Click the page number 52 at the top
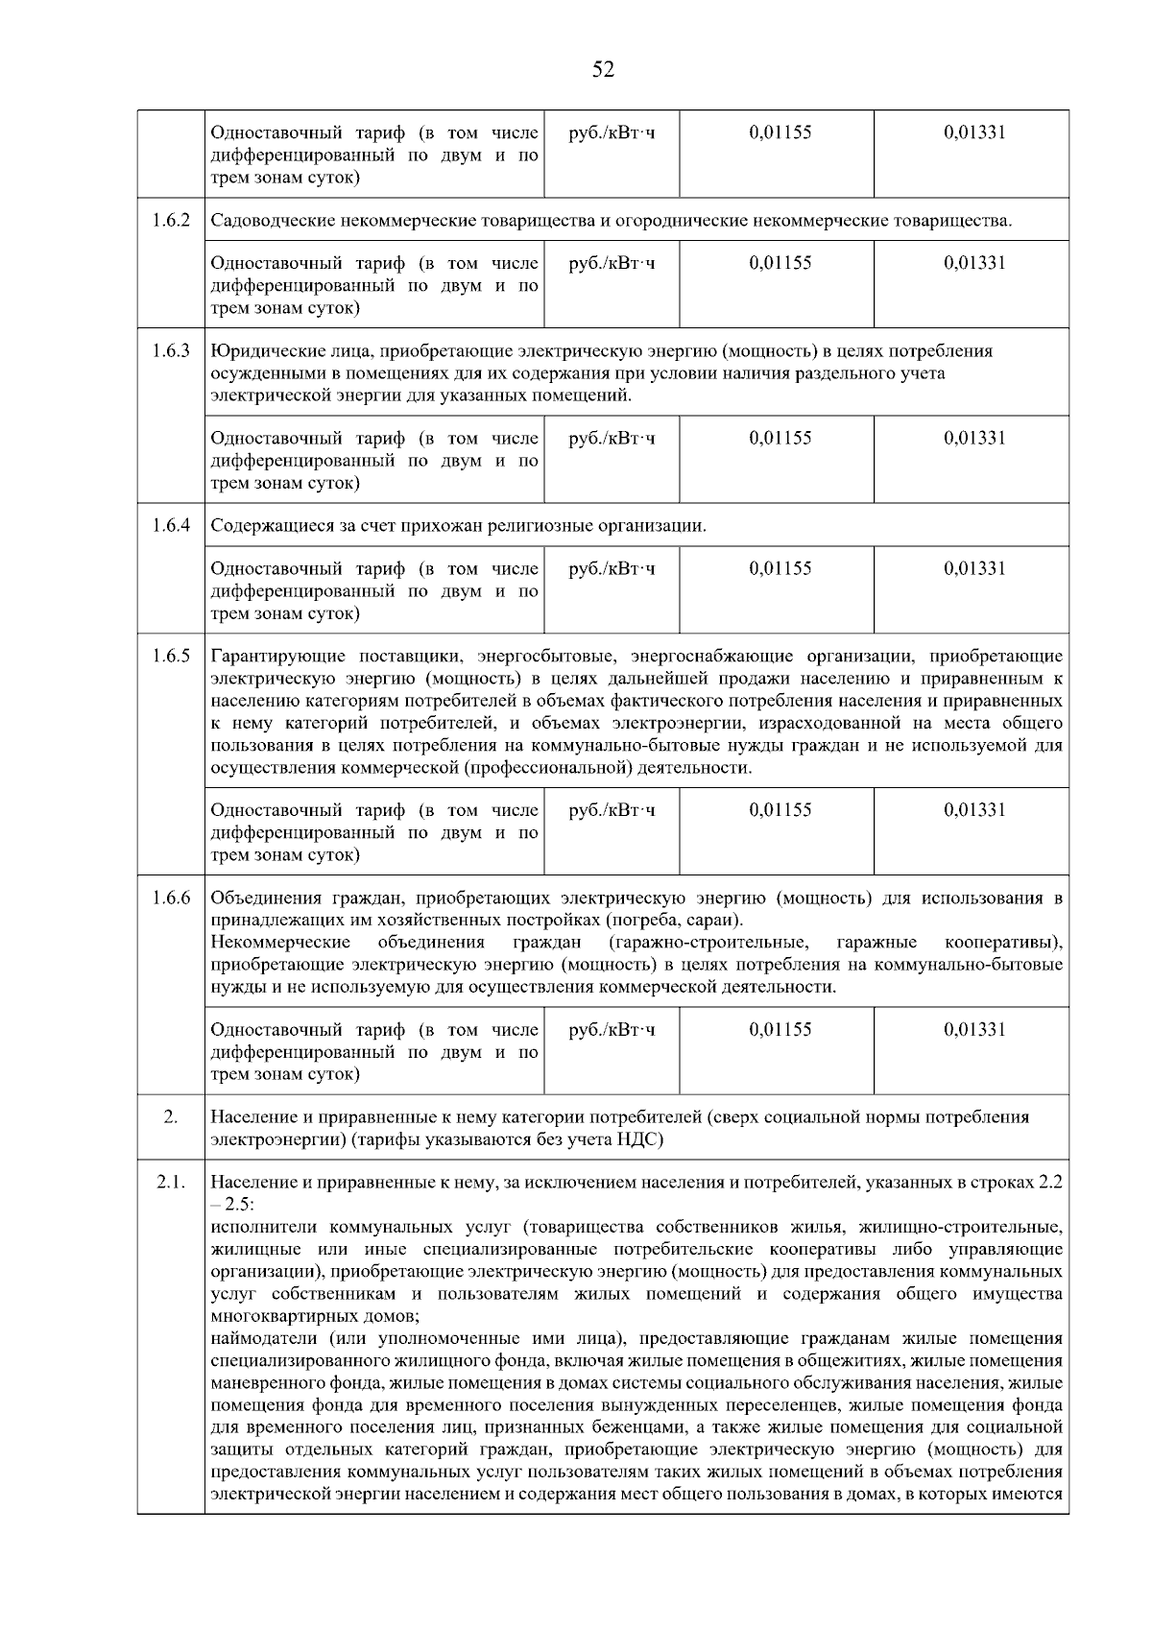[603, 69]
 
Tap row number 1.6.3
[171, 350]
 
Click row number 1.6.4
[171, 526]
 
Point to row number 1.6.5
[171, 657]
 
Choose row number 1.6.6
[171, 898]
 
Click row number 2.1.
[171, 1183]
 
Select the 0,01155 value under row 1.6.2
[780, 263]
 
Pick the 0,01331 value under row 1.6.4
[974, 568]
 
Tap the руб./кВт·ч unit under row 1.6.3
[612, 439]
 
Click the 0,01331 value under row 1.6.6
[974, 1030]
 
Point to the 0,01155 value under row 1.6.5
[780, 810]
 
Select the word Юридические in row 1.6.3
[254, 350]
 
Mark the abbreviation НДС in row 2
[639, 1140]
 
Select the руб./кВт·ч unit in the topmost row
[612, 132]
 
